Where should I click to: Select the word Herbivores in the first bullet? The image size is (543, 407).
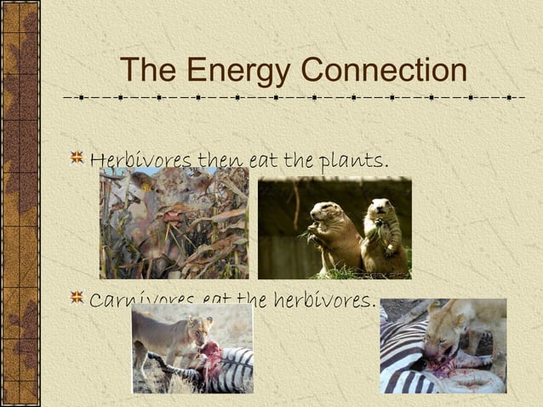click(141, 160)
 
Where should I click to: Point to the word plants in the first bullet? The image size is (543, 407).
click(358, 160)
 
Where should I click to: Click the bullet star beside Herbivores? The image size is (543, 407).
click(77, 158)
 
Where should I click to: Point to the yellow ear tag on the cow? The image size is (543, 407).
click(204, 183)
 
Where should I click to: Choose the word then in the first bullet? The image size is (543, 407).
click(220, 160)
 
